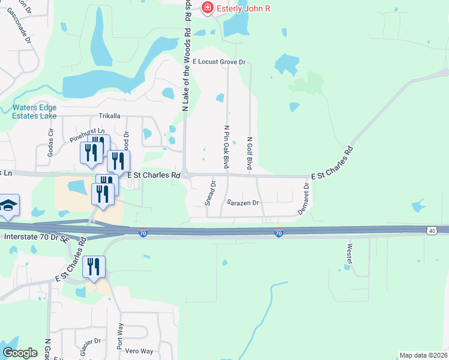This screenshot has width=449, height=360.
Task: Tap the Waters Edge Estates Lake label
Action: click(35, 112)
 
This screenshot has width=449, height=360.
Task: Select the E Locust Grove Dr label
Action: click(219, 62)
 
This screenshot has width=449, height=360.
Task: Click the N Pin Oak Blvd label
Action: click(227, 147)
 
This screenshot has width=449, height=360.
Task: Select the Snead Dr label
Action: click(209, 194)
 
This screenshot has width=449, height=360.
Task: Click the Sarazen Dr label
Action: click(243, 203)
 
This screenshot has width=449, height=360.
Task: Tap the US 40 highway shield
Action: click(432, 230)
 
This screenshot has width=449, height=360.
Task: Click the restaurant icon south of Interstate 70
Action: click(94, 266)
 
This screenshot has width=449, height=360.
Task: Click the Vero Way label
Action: click(139, 351)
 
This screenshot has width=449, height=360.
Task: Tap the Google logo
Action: click(20, 352)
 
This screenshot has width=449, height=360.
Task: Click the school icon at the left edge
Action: click(8, 206)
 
